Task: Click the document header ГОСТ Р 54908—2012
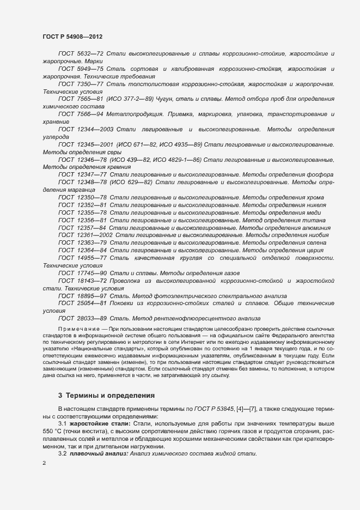click(x=72, y=37)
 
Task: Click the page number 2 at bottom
click(x=44, y=464)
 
